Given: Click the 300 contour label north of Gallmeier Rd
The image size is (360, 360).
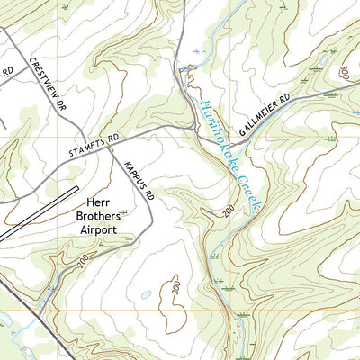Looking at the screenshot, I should [x=344, y=72].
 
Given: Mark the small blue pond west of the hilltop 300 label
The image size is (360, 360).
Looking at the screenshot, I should [x=146, y=294].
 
